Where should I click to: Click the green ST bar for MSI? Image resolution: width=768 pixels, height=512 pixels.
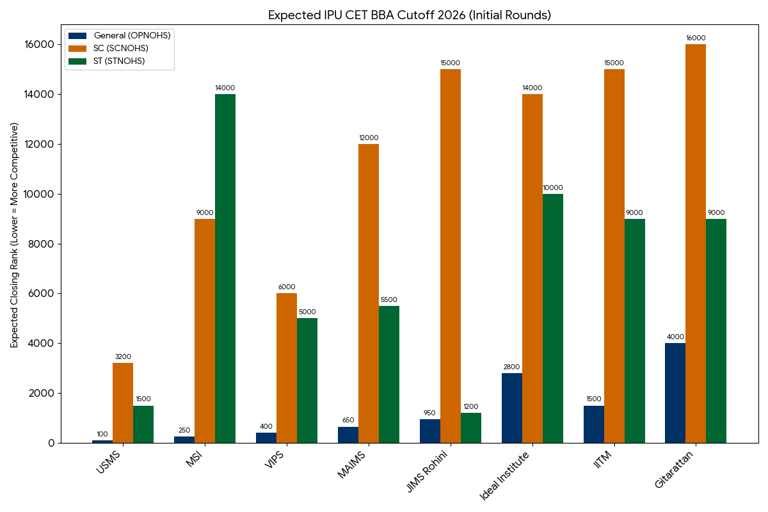click(225, 268)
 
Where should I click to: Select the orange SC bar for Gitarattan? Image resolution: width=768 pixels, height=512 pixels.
click(696, 243)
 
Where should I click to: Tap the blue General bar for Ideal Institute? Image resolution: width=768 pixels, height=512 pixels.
click(512, 408)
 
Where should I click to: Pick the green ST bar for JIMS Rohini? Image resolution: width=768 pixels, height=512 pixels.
click(471, 428)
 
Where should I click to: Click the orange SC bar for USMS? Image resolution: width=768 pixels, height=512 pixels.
click(123, 403)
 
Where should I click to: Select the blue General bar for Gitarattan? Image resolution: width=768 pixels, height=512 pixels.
click(675, 393)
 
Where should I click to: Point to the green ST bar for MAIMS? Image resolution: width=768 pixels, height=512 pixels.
click(389, 374)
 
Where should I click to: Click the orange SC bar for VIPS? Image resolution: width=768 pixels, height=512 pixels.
click(287, 368)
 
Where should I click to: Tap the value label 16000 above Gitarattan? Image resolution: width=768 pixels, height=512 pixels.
click(696, 38)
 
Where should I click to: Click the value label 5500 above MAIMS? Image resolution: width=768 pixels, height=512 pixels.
click(389, 300)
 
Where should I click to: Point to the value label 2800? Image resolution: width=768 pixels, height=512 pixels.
click(512, 367)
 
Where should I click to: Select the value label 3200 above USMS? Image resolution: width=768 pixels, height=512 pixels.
click(123, 356)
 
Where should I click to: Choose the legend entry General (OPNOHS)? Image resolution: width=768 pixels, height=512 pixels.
click(132, 36)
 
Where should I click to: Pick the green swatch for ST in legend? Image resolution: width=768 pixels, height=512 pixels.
click(77, 61)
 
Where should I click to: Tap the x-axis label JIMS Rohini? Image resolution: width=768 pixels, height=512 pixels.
click(428, 472)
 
